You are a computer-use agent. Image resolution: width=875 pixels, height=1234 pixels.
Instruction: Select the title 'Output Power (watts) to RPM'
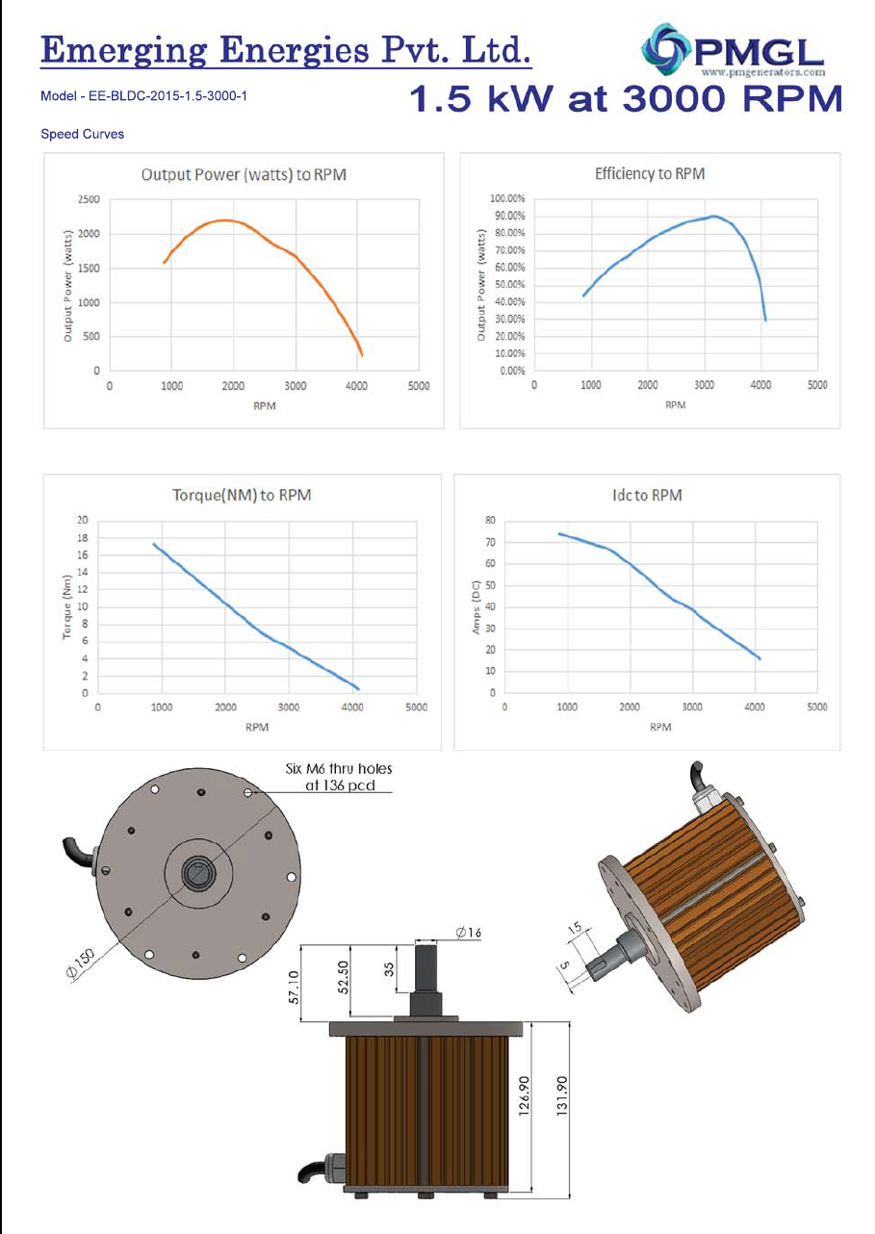(x=244, y=174)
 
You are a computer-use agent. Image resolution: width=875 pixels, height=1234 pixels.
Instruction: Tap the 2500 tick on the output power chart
(x=89, y=200)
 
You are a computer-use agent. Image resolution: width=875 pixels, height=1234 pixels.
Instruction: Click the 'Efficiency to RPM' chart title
(x=650, y=173)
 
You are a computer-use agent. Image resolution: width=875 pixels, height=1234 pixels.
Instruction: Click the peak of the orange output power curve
(x=223, y=220)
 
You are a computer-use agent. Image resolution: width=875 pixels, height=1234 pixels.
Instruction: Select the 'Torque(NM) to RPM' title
(x=242, y=495)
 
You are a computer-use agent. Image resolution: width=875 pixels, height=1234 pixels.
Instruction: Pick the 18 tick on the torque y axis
(x=85, y=538)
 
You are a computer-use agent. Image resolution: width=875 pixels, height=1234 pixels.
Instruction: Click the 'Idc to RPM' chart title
(x=646, y=495)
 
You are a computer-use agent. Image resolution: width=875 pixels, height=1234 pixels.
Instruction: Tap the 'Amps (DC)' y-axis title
(x=476, y=606)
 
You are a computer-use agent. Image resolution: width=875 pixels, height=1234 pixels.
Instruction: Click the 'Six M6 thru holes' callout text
(x=340, y=769)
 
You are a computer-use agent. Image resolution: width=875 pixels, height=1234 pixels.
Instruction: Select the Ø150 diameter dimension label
(x=81, y=964)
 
